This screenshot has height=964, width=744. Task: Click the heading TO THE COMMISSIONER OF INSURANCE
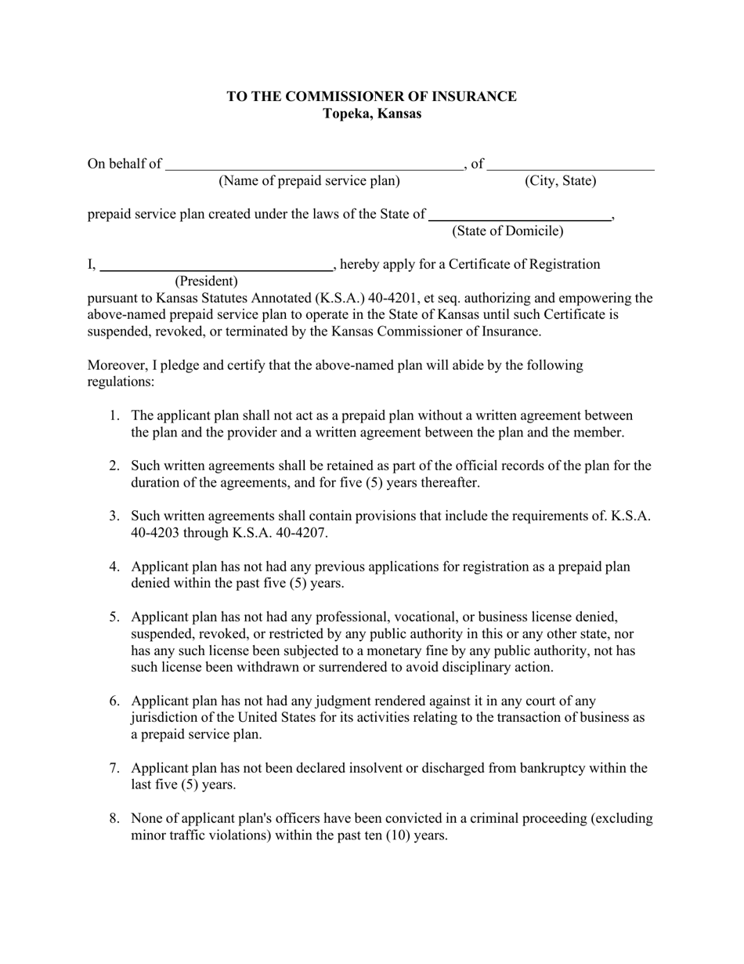(x=371, y=96)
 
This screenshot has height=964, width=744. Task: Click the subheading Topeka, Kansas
(x=371, y=114)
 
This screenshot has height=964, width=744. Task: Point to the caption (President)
(x=206, y=281)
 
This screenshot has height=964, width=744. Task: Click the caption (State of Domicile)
(x=507, y=231)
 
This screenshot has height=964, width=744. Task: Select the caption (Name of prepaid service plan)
(x=309, y=181)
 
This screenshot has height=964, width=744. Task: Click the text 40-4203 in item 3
(x=155, y=533)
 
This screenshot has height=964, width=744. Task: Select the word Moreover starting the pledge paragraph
(x=116, y=365)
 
